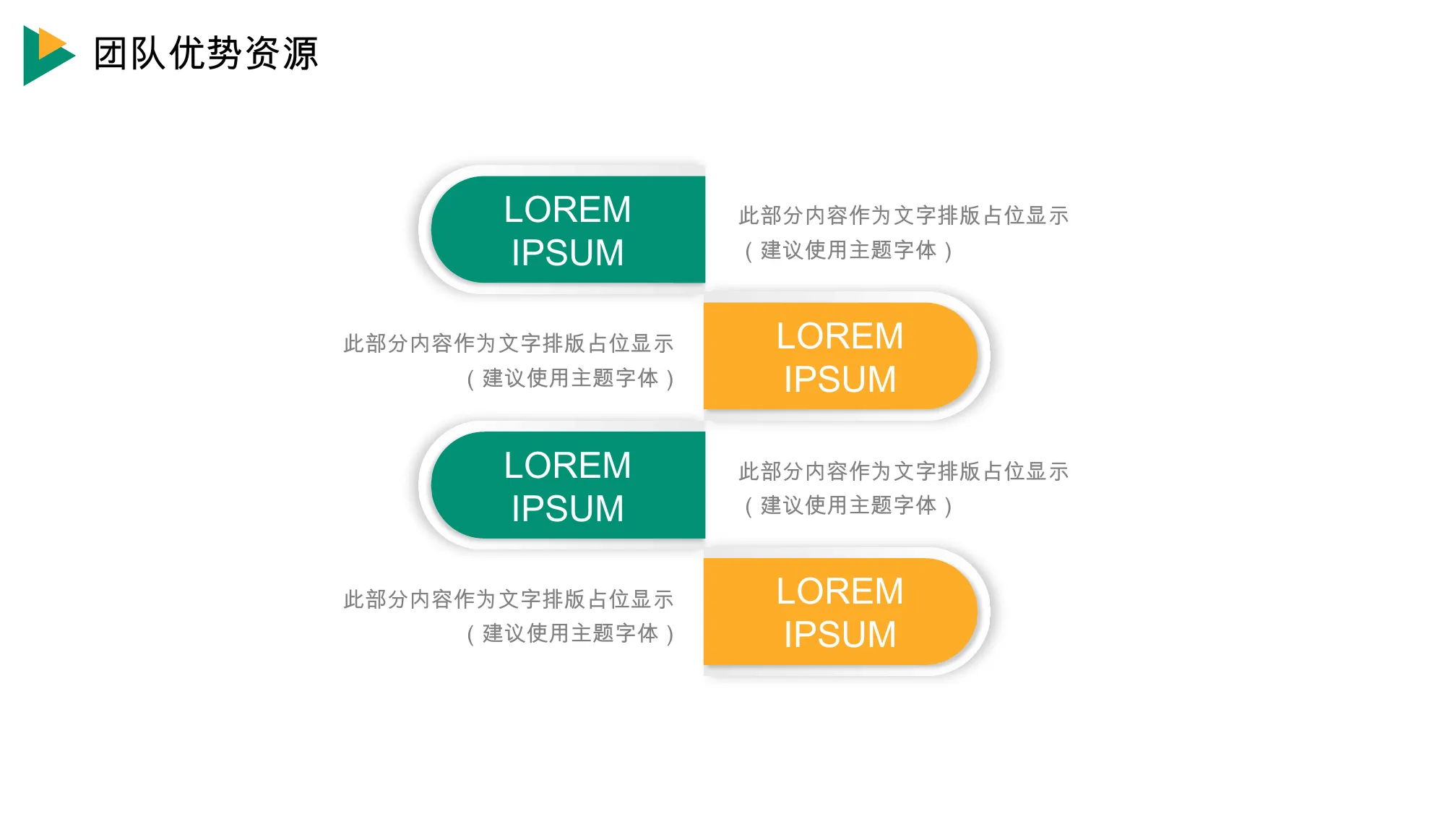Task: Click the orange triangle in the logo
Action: tap(48, 43)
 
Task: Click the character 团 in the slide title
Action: tap(111, 53)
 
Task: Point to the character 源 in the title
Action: tap(300, 53)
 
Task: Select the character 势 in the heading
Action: tap(225, 53)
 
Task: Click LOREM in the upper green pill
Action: tap(567, 210)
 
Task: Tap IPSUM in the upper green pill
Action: tap(567, 253)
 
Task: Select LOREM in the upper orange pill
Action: tap(840, 336)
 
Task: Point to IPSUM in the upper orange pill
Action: tap(840, 380)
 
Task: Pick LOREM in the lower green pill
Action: tap(567, 465)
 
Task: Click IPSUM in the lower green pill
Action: tap(567, 508)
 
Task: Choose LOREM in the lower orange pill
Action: tap(840, 591)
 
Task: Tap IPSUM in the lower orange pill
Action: tap(840, 635)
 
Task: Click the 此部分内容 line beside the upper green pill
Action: tap(903, 215)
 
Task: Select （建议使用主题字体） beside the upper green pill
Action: tap(848, 250)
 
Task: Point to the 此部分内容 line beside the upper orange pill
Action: tap(509, 343)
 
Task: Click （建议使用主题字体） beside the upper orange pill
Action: tap(570, 378)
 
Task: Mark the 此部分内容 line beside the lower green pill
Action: tap(903, 471)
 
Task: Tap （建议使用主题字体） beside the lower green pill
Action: tap(848, 505)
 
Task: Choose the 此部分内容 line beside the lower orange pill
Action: tap(509, 599)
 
